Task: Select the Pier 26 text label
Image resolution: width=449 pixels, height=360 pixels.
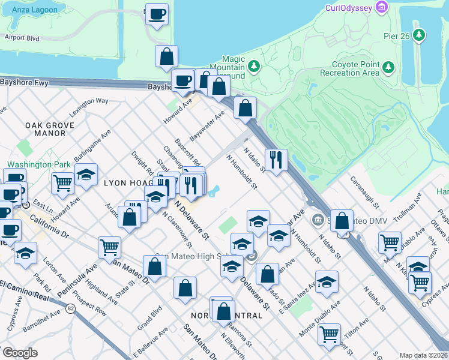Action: click(x=396, y=36)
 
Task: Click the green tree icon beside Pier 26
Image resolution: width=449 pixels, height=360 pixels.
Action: click(x=418, y=35)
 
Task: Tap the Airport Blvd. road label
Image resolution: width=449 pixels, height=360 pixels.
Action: click(x=22, y=37)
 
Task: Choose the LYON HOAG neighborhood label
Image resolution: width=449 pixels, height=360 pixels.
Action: click(x=127, y=182)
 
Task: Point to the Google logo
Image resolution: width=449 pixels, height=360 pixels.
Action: click(x=20, y=353)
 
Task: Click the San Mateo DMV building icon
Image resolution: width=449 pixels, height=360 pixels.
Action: click(x=317, y=220)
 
